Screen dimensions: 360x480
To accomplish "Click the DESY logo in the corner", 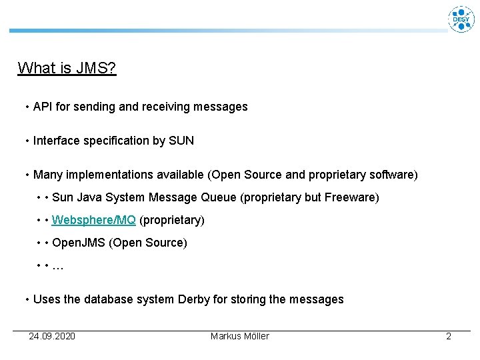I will click(x=461, y=19).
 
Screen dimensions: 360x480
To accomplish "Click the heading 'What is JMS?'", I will click(x=67, y=68).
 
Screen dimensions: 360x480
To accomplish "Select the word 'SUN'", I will click(x=181, y=141).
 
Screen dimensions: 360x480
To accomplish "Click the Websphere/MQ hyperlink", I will click(x=94, y=220).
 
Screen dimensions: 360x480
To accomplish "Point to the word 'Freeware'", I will click(x=353, y=198).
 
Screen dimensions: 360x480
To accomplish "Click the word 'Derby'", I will click(x=194, y=299).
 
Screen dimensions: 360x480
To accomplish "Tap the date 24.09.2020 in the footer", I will click(x=52, y=336).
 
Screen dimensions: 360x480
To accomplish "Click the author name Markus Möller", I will click(x=239, y=336).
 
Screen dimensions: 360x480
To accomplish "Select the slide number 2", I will click(x=449, y=336).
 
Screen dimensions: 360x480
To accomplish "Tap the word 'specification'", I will click(x=117, y=141).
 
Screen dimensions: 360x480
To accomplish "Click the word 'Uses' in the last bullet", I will click(x=47, y=299).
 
